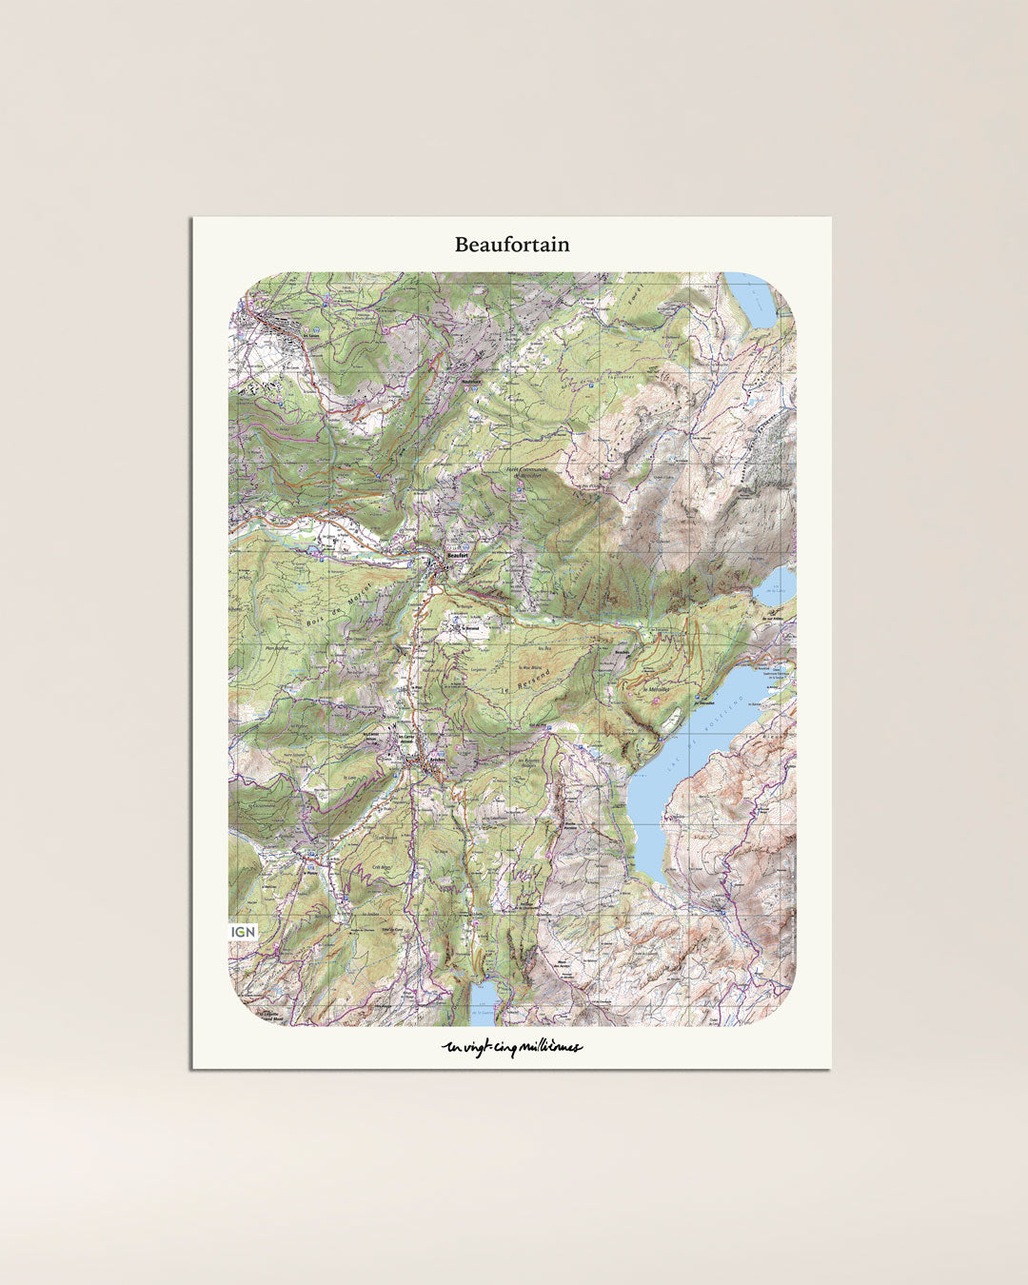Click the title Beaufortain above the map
pos(512,245)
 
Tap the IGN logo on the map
pos(243,932)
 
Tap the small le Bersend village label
pos(469,628)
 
